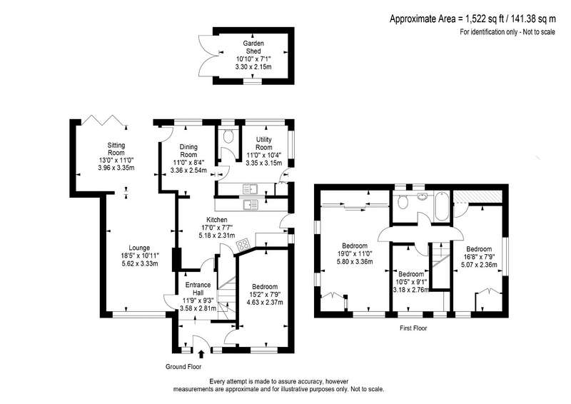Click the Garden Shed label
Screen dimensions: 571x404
click(253, 47)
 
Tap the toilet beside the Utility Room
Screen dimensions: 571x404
click(228, 137)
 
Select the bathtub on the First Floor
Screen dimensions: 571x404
click(442, 206)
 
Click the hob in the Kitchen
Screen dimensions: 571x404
click(243, 244)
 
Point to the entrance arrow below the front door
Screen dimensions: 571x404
click(201, 355)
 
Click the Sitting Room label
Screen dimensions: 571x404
click(116, 149)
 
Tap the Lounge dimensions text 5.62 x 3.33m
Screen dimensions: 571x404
click(140, 264)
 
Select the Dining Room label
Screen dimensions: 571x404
click(188, 151)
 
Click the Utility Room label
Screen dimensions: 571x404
click(264, 143)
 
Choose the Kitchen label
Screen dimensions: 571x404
click(217, 220)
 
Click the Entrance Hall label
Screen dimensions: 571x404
click(198, 288)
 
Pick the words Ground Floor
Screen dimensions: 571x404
click(183, 367)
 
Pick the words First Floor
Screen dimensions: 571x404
click(413, 328)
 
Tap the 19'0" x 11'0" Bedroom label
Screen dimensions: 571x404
click(355, 246)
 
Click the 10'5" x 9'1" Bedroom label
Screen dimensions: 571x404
click(411, 274)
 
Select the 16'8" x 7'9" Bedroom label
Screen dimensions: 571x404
click(479, 249)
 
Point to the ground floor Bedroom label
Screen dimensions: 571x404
click(265, 287)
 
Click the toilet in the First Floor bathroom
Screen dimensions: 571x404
click(403, 202)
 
